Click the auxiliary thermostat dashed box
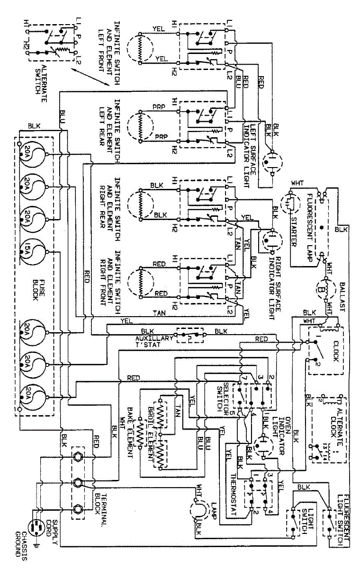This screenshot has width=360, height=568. tap(190, 334)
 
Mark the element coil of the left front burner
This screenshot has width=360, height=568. tap(140, 48)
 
